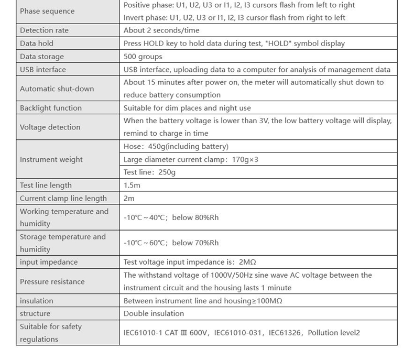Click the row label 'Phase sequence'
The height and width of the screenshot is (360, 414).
[47, 11]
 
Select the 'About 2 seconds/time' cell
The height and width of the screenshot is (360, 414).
[161, 30]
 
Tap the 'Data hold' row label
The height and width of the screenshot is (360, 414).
[37, 43]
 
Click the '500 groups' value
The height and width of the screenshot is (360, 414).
[143, 57]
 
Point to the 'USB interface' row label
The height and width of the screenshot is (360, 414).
[43, 69]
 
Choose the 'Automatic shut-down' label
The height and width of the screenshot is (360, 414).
[57, 89]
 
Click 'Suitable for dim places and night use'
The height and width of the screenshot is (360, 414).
[187, 108]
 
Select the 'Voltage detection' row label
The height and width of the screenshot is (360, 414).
[50, 127]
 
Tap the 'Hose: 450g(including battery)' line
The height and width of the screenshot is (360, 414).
[176, 147]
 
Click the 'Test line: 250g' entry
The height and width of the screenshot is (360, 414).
[149, 172]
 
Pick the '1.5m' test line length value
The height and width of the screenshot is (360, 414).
[132, 186]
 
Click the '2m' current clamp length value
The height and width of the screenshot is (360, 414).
[129, 198]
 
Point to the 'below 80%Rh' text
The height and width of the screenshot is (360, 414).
[195, 217]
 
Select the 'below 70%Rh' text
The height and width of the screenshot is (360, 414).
[195, 243]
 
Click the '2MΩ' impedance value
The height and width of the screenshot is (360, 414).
[247, 262]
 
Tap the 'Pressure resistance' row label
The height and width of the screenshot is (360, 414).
[52, 281]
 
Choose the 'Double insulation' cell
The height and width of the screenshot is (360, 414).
[154, 313]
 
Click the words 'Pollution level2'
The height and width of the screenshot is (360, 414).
[334, 333]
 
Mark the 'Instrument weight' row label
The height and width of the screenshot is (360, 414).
[51, 159]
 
